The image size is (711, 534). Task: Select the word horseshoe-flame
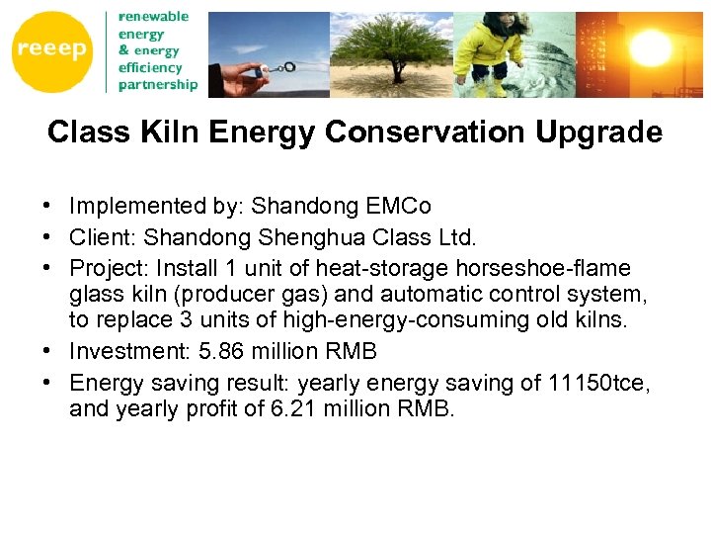tap(562, 268)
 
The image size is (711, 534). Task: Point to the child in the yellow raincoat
tap(491, 49)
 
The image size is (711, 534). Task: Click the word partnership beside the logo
tap(157, 84)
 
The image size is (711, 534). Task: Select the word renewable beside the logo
tap(153, 17)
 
